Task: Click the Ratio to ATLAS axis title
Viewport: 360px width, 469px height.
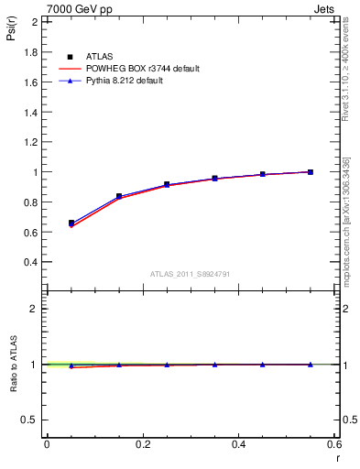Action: pyautogui.click(x=13, y=393)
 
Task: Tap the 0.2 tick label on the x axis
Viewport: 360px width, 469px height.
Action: pyautogui.click(x=142, y=444)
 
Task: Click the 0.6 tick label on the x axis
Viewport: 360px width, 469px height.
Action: pyautogui.click(x=334, y=444)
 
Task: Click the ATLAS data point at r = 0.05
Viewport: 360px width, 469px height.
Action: pyautogui.click(x=71, y=223)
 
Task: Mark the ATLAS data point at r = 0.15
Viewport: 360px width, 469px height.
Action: pyautogui.click(x=119, y=196)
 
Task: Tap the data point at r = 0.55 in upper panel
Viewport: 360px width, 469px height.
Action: pyautogui.click(x=311, y=171)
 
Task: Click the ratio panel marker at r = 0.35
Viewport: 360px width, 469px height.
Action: pyautogui.click(x=214, y=365)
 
